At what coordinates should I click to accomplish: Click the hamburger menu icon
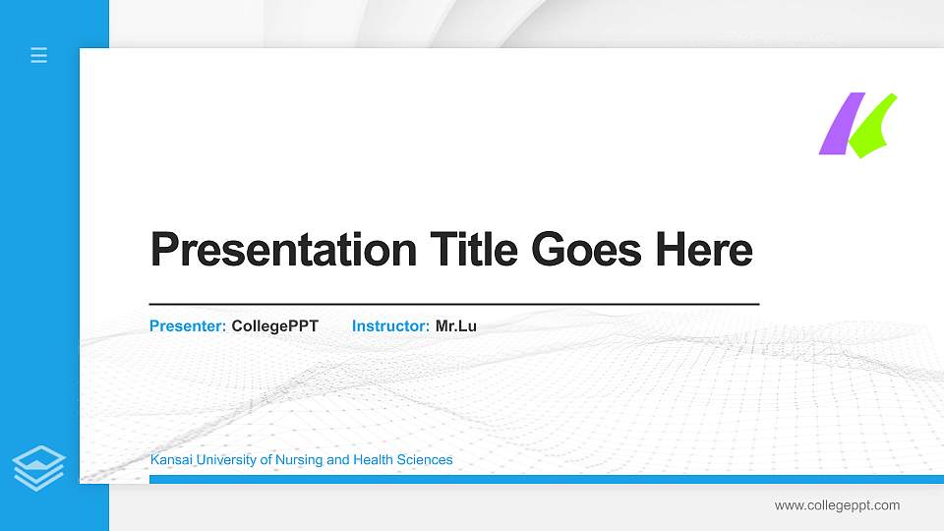coord(39,55)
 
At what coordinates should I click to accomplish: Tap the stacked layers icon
coord(39,467)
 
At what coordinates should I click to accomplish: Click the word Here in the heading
coord(704,250)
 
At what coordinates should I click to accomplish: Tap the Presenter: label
coord(188,325)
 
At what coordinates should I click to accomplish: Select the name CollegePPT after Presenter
coord(275,325)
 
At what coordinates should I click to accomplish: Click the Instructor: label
coord(390,325)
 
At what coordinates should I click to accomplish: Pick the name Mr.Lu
coord(456,325)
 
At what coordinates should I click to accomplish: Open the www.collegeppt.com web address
coord(837,505)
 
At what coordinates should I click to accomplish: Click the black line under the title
coord(454,305)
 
